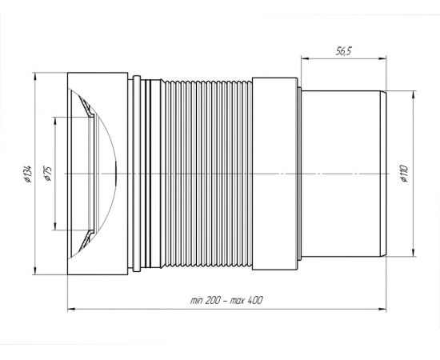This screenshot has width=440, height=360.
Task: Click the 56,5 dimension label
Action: [x=344, y=51]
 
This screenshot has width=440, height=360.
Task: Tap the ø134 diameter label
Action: [x=28, y=174]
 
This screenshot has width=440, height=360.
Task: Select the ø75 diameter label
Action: [x=48, y=174]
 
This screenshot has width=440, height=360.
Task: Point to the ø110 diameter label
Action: [x=404, y=174]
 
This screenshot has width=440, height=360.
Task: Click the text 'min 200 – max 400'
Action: [x=226, y=301]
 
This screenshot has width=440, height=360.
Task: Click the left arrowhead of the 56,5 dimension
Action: [x=305, y=58]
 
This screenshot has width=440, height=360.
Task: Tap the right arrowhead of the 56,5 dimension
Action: [x=382, y=58]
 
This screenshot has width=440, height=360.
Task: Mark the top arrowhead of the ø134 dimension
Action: [x=34, y=77]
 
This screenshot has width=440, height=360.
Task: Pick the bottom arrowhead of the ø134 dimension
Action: [x=34, y=270]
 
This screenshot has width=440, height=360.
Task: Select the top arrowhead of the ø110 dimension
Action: [x=413, y=95]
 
